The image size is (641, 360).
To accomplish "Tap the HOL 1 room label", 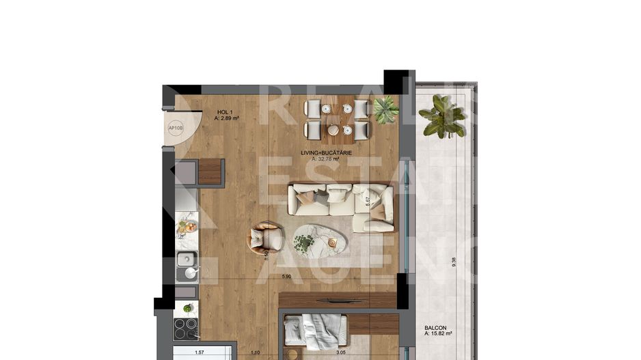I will [x=223, y=111].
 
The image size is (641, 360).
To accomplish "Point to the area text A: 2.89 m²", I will [x=226, y=118].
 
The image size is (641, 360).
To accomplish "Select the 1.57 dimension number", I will [x=200, y=353].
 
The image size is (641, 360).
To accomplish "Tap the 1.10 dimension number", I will [x=256, y=353].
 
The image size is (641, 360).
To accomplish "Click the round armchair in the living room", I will [x=266, y=237].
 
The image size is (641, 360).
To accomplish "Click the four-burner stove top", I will [x=186, y=329].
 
